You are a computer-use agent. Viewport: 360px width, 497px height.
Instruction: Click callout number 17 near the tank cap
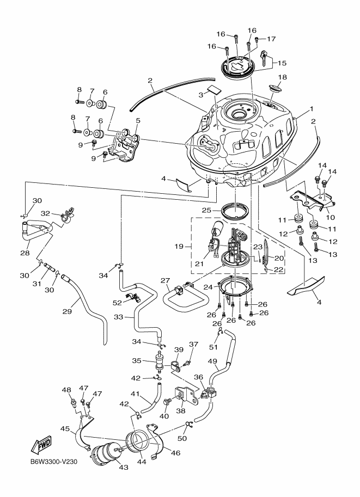pos(271,39)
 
